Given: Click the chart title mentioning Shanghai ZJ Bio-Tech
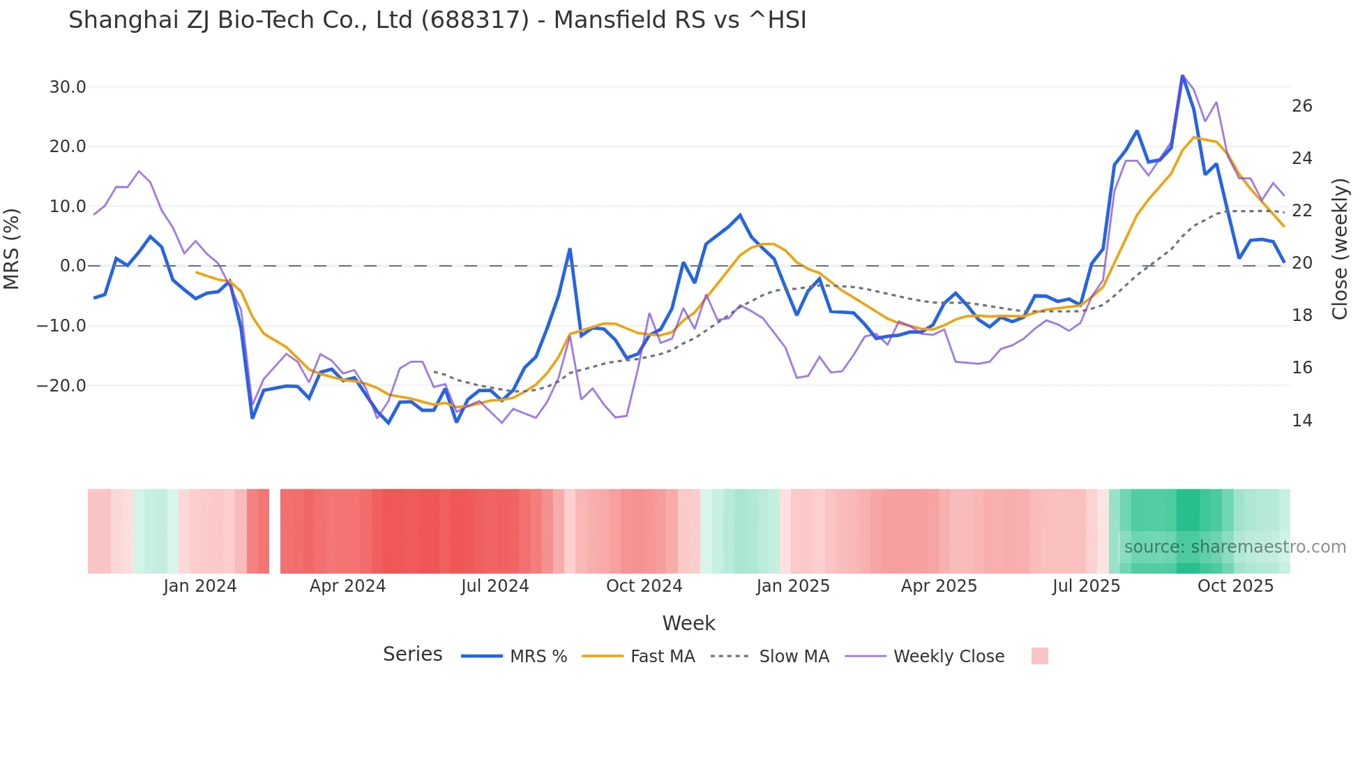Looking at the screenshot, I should coord(437,20).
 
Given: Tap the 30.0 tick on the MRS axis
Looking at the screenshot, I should coord(68,87).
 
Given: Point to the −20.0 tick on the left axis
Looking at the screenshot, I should coord(61,385).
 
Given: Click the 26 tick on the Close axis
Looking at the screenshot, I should coord(1301,106).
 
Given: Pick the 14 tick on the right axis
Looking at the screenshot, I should coord(1301,421).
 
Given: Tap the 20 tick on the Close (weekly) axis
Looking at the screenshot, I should coord(1301,263).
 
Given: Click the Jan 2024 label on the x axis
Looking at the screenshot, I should coord(200,586).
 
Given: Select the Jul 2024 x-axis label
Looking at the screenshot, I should coord(494,586).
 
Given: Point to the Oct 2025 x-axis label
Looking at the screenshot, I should coord(1235,586).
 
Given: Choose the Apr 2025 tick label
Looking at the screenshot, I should coord(939,586).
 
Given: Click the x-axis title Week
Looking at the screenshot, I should coord(688,623).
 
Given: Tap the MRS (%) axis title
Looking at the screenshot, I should coord(12,248).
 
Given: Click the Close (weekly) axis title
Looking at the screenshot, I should coord(1339,248).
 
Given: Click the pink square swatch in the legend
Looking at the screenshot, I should coord(1039,656).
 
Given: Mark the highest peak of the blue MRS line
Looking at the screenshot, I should coord(1182,75).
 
